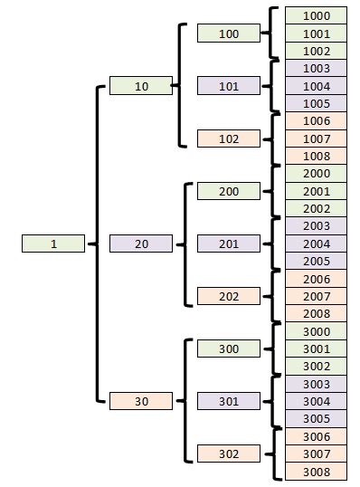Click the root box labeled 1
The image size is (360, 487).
point(53,243)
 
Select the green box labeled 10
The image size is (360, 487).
point(140,86)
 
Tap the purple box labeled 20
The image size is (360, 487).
point(140,243)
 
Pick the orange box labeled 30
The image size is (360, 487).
point(140,401)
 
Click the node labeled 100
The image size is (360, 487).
point(229,33)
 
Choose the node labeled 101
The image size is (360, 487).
point(229,86)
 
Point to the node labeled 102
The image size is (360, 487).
point(229,138)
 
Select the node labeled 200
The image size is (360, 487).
point(229,191)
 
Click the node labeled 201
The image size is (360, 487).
point(229,243)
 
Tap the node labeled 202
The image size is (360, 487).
point(229,296)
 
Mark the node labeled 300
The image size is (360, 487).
point(229,349)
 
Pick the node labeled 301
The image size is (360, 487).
point(229,401)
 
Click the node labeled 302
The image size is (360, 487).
point(229,454)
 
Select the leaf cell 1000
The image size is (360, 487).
point(316,15)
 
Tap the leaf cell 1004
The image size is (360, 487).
point(316,86)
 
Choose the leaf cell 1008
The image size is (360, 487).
point(316,156)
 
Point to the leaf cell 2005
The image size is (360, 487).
point(316,261)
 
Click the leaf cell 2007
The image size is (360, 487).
point(316,296)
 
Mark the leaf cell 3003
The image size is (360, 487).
point(316,384)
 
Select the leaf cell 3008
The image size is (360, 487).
point(316,472)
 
